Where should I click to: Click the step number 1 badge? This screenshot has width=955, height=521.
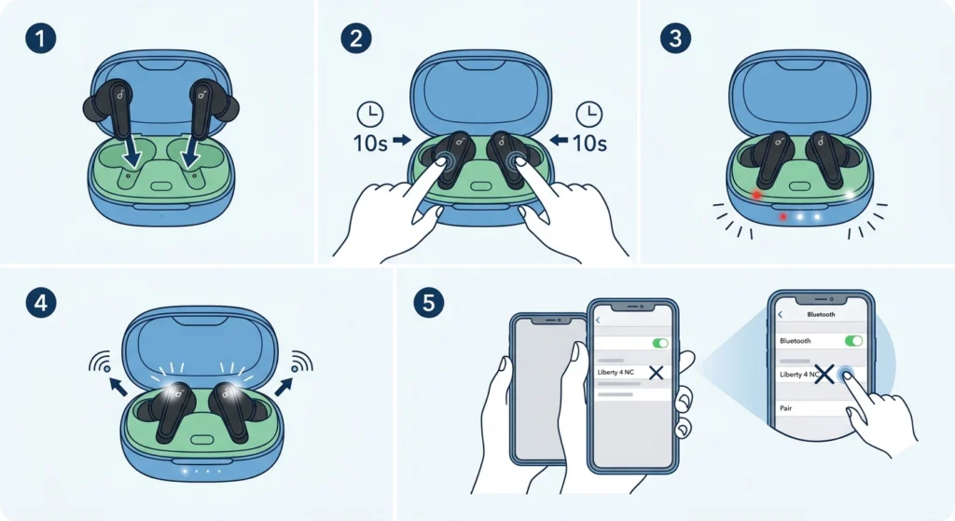click(x=38, y=38)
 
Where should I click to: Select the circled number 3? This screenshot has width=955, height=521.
click(x=673, y=38)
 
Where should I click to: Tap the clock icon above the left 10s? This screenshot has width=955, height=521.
click(x=370, y=115)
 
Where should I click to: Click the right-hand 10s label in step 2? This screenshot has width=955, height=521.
click(x=589, y=144)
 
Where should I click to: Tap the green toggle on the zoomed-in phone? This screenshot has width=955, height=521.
click(x=852, y=341)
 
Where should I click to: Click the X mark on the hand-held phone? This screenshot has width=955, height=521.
click(x=656, y=373)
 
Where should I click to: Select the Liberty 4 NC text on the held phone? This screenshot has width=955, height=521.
click(x=616, y=372)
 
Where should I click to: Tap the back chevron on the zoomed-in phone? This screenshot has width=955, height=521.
click(x=781, y=315)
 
